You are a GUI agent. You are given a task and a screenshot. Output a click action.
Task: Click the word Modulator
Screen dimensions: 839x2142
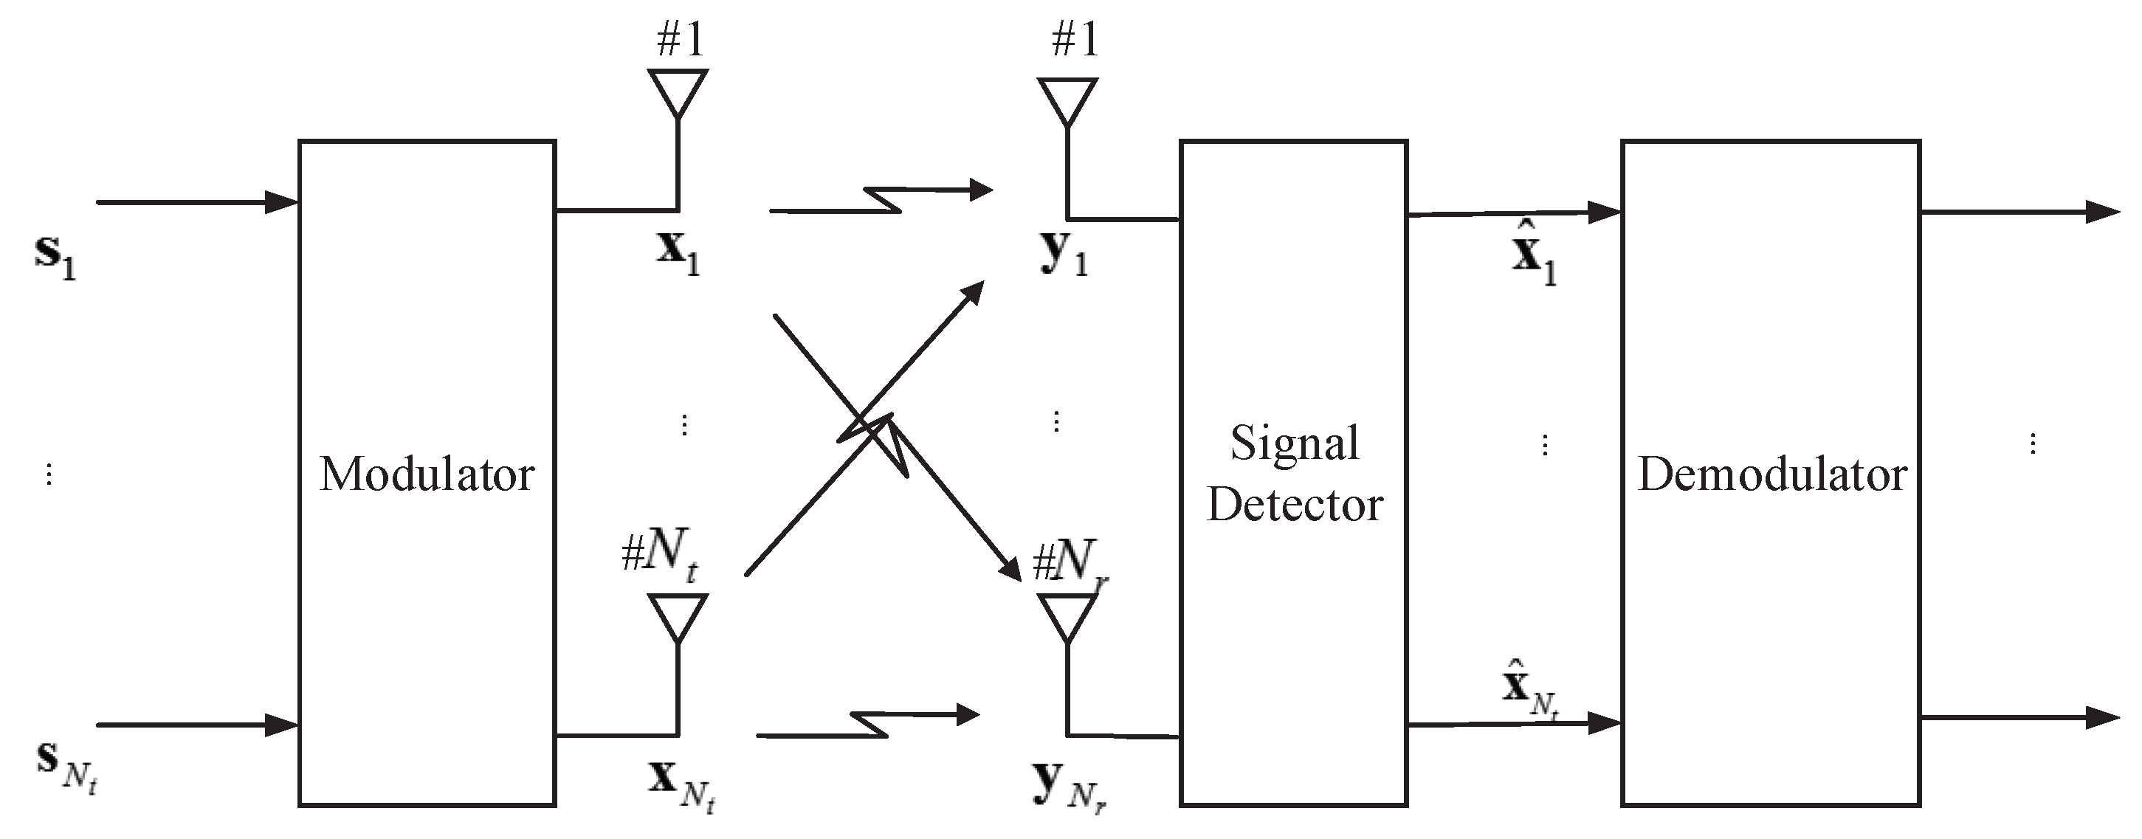click(x=427, y=474)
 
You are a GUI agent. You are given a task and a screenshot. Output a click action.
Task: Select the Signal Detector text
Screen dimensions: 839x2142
click(x=1294, y=474)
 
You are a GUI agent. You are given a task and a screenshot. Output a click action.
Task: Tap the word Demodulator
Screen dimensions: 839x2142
click(x=1772, y=474)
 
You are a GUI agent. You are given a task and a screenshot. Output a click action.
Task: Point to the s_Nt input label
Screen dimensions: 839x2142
click(x=66, y=766)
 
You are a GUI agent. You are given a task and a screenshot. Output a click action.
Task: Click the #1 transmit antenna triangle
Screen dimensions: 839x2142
click(x=678, y=91)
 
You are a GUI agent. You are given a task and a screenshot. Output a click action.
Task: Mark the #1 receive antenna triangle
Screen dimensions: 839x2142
click(x=1067, y=100)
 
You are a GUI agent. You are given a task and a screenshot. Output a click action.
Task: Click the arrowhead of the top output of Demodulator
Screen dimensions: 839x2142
click(x=2103, y=212)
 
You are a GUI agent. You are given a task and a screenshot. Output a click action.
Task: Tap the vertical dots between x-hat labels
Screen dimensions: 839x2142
click(x=1544, y=446)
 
